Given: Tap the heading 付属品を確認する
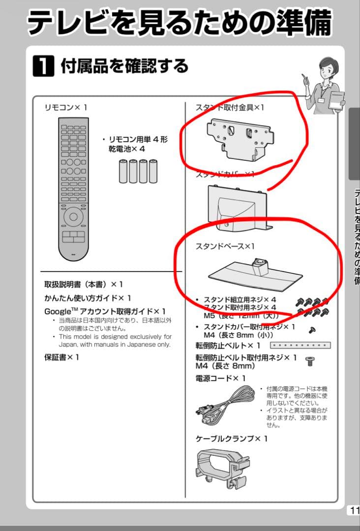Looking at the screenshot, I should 124,65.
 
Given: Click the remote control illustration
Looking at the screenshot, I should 73,190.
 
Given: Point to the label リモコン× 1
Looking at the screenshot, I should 66,107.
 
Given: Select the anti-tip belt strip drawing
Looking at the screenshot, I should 300,345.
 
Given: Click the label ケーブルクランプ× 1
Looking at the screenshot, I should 232,438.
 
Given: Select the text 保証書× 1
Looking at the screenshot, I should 61,357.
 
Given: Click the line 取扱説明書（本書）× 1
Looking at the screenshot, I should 84,284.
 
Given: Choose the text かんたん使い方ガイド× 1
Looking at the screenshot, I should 88,298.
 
